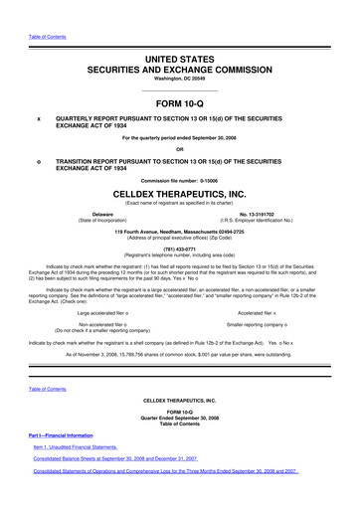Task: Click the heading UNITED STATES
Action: coord(179,34)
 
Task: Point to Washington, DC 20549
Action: coord(179,57)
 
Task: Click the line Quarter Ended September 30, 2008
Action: coord(179,445)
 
